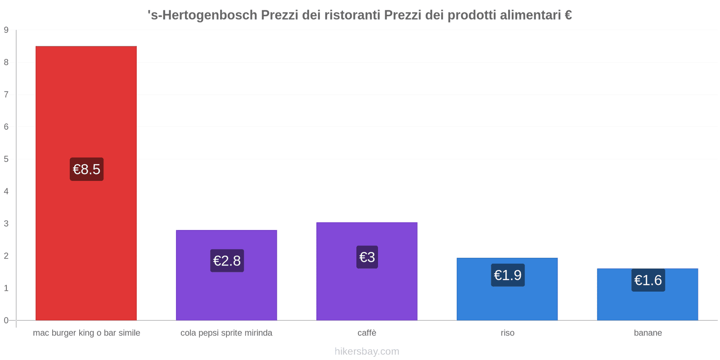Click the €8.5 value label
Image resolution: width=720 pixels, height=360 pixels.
click(x=86, y=169)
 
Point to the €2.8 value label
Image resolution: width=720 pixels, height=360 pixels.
click(x=227, y=261)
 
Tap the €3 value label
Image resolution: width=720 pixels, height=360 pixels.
click(x=367, y=257)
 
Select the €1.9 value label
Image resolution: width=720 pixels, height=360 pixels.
click(x=508, y=275)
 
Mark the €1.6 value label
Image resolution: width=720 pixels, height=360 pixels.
click(x=648, y=280)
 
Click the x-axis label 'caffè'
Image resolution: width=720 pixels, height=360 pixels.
click(x=367, y=333)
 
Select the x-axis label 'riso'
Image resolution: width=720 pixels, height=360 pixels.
click(x=507, y=333)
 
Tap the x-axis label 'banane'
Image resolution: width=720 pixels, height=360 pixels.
click(x=648, y=333)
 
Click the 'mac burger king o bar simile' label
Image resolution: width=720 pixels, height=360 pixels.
click(x=86, y=333)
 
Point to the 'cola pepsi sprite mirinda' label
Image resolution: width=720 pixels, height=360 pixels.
click(x=226, y=333)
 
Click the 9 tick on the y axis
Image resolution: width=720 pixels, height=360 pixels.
click(x=6, y=30)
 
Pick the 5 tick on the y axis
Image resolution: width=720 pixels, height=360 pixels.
click(x=6, y=159)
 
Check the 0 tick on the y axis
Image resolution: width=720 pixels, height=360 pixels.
click(x=6, y=320)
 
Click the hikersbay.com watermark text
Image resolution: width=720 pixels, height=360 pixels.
click(x=367, y=351)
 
